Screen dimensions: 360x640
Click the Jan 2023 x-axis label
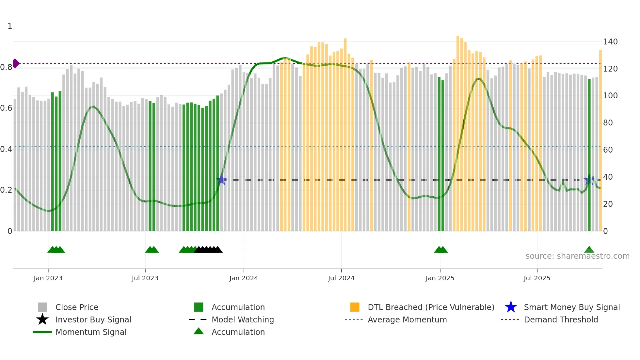click(48, 278)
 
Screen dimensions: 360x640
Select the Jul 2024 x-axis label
click(341, 278)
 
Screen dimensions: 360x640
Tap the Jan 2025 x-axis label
click(440, 278)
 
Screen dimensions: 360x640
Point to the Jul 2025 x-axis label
click(537, 278)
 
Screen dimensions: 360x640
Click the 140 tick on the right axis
click(610, 42)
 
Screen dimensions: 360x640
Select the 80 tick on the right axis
click(608, 123)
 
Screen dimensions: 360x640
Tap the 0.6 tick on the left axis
click(6, 108)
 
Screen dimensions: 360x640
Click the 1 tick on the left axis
click(10, 26)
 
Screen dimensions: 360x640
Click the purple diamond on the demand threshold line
click(16, 63)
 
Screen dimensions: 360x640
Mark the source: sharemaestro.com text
click(577, 256)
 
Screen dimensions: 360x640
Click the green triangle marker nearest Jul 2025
click(589, 250)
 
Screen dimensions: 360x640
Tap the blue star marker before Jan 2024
click(221, 179)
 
